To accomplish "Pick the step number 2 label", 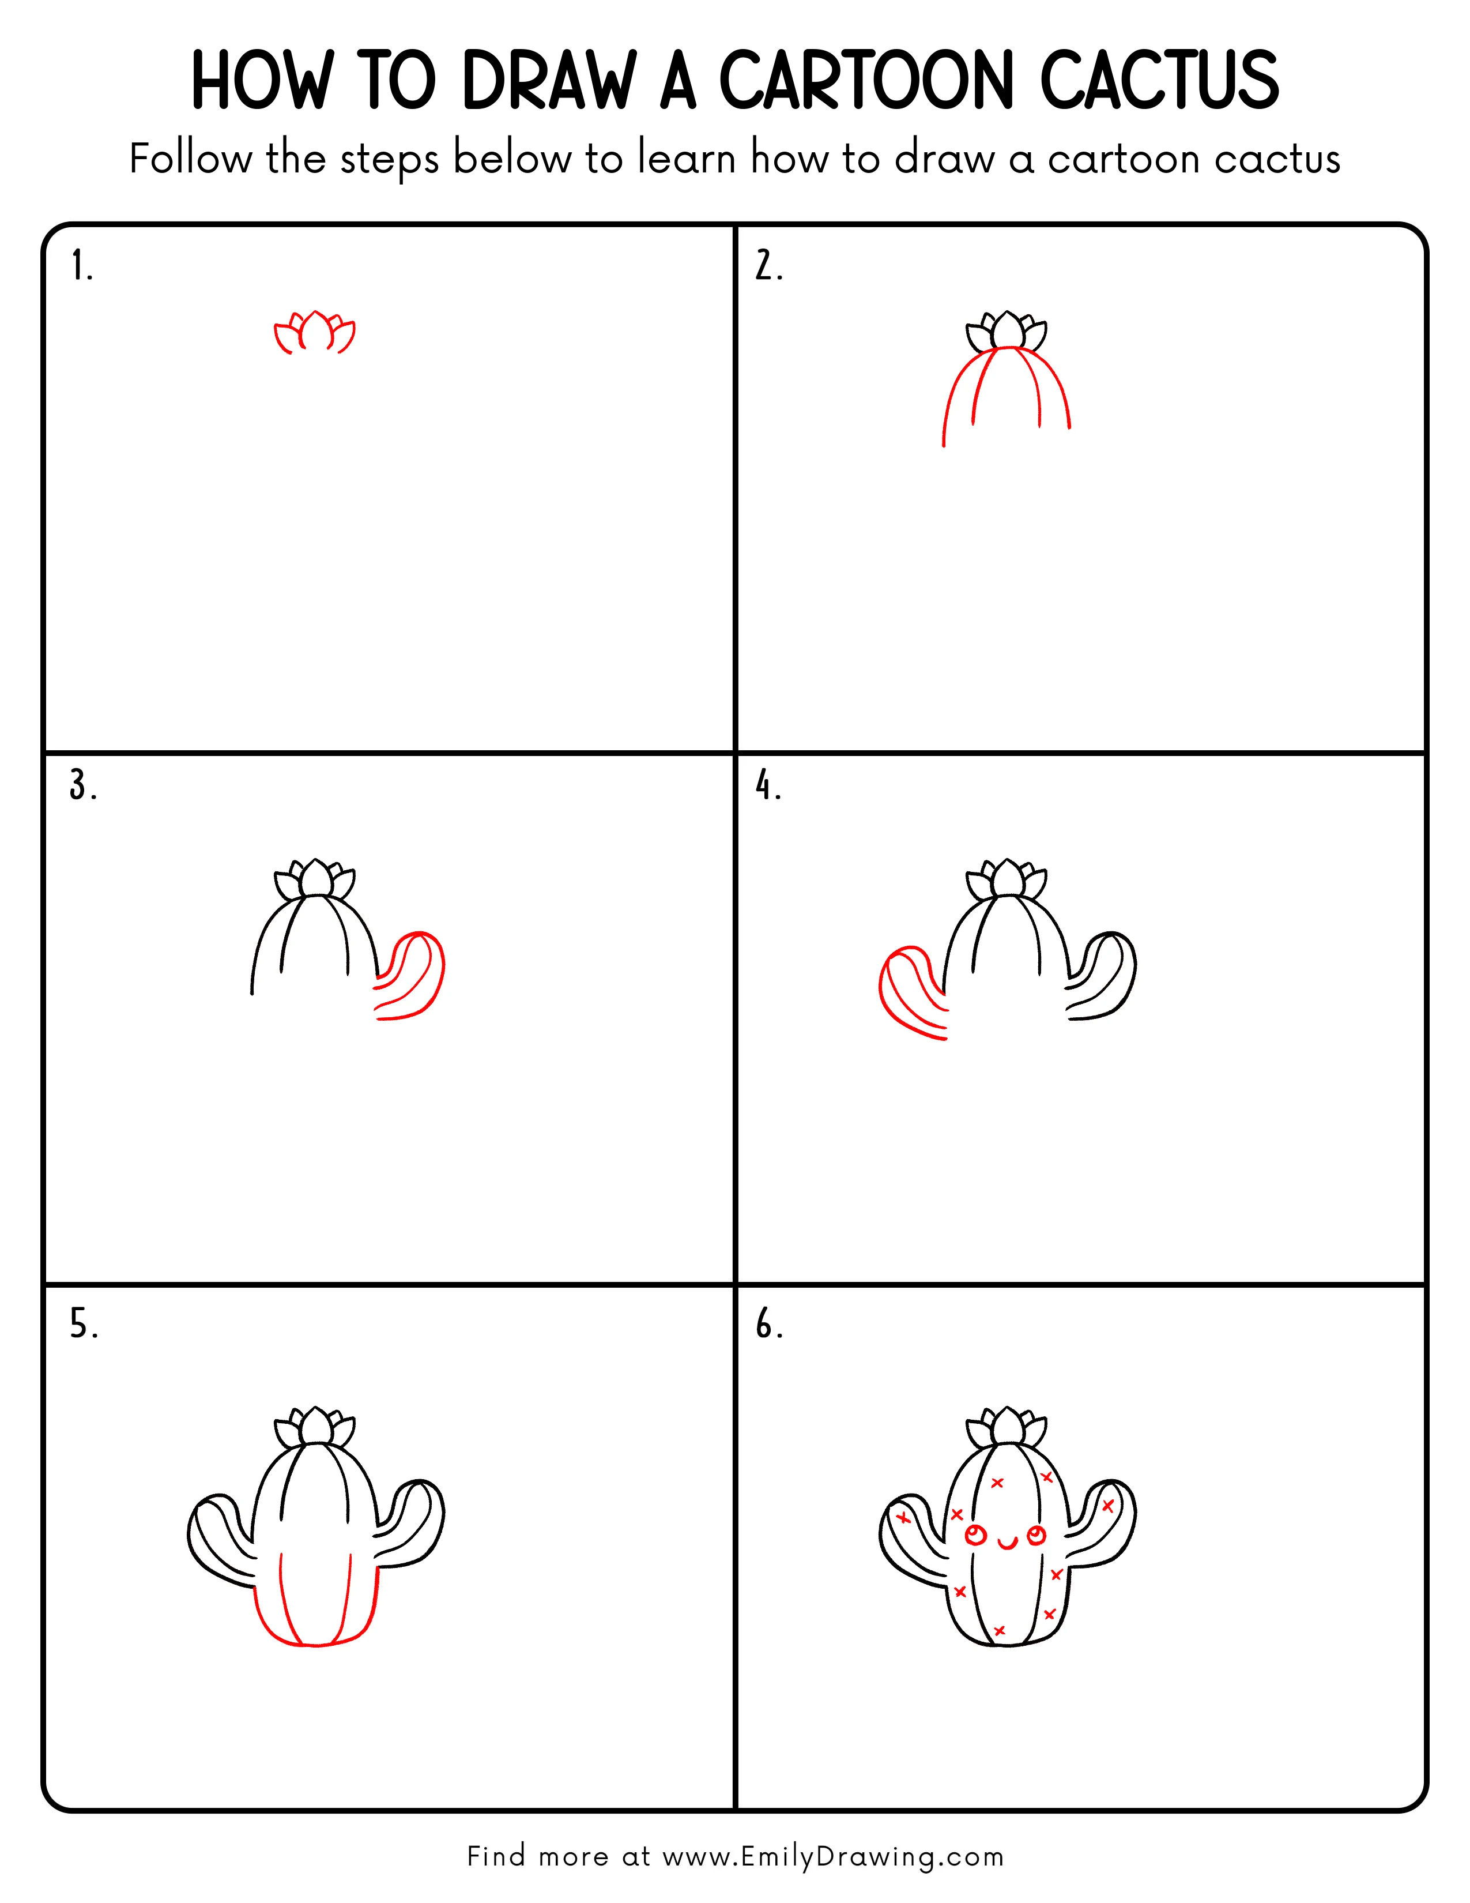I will [x=768, y=266].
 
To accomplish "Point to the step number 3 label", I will [x=83, y=786].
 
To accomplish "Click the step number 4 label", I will [x=768, y=786].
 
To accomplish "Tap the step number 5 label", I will [x=84, y=1325].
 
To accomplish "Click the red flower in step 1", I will [x=314, y=333].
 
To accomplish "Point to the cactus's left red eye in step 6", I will [x=976, y=1535].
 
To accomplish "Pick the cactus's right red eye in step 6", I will [x=1036, y=1535].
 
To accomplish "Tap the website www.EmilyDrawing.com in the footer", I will [x=832, y=1857].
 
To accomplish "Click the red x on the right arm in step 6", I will [x=1108, y=1506].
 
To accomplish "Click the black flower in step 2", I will [x=1007, y=331].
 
